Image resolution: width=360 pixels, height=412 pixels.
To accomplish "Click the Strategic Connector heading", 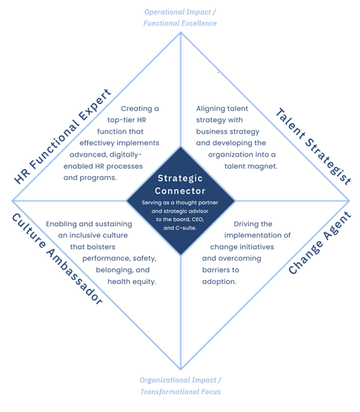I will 180,184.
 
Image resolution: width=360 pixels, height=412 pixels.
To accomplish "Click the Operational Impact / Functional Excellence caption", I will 180,18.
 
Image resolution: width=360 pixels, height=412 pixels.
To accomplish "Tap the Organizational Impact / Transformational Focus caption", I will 180,386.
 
